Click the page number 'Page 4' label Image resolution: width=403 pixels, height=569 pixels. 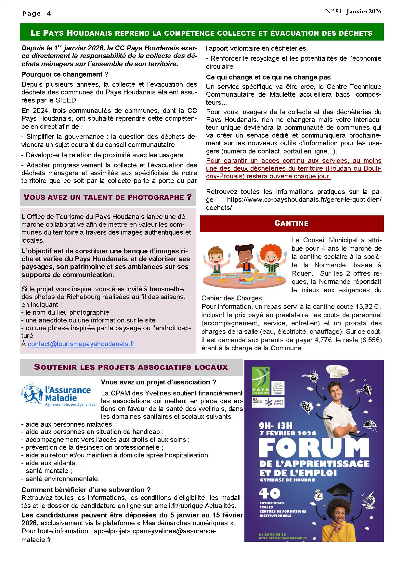pos(37,14)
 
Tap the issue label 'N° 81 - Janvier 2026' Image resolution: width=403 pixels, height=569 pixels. pos(353,11)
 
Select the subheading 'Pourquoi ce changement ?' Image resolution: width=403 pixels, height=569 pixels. pos(65,74)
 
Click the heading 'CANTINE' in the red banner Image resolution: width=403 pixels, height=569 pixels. pos(291,223)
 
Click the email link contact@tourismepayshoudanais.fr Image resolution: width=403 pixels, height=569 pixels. pos(81,344)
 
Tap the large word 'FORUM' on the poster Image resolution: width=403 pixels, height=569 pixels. pos(314,448)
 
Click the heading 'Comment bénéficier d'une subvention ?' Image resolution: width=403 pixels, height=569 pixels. pos(86,490)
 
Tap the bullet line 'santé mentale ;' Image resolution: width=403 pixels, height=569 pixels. pos(47,471)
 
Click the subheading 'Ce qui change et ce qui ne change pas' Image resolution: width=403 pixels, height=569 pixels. pos(268,77)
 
